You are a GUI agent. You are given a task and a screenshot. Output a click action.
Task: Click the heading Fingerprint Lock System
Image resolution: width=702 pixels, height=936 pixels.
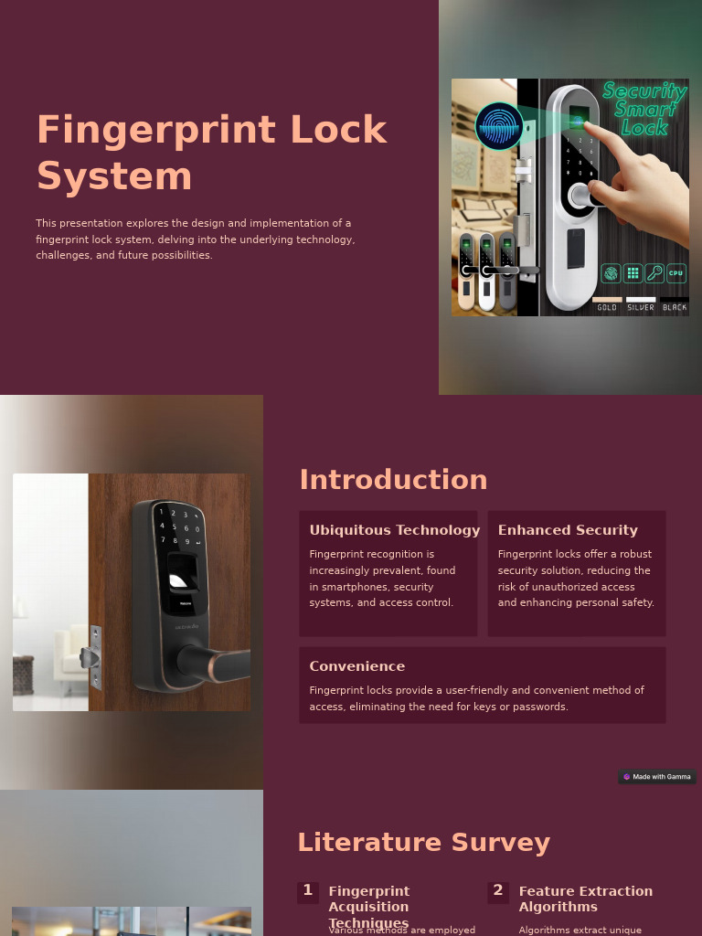click(211, 153)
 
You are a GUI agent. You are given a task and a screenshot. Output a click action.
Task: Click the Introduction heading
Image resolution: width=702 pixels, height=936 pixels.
click(393, 480)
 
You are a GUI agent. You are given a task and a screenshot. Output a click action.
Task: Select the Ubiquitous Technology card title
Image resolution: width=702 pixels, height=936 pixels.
click(394, 530)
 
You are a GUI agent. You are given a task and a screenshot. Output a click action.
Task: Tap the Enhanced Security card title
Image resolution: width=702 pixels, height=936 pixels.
click(568, 530)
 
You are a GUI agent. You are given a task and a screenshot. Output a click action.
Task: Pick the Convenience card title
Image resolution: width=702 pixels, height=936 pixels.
click(356, 666)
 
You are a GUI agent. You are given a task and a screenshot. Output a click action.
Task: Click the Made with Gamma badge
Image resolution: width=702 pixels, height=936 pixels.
click(657, 777)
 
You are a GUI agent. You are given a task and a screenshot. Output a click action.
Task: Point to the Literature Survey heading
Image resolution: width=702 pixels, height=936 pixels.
click(423, 842)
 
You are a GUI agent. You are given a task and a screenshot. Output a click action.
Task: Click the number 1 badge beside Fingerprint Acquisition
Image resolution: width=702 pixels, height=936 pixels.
click(308, 891)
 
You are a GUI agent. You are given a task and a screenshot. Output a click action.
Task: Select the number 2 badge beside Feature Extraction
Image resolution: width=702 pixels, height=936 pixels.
click(498, 891)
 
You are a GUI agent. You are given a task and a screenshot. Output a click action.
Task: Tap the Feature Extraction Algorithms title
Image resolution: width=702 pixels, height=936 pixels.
click(585, 899)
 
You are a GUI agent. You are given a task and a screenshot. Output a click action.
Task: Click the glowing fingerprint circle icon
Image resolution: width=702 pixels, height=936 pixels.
click(499, 126)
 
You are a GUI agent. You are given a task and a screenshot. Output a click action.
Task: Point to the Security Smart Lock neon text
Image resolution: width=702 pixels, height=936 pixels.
click(644, 108)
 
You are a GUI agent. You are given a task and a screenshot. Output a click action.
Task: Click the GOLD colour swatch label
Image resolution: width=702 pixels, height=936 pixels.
click(607, 307)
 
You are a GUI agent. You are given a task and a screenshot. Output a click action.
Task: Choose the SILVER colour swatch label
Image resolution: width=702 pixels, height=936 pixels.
click(641, 307)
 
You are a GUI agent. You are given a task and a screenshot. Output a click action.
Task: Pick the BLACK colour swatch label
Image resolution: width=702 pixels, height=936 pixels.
click(675, 307)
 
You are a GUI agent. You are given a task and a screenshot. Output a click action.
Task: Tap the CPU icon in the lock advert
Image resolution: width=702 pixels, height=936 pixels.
click(676, 272)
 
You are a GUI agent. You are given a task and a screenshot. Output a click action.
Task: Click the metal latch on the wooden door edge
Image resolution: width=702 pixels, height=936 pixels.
click(91, 656)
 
